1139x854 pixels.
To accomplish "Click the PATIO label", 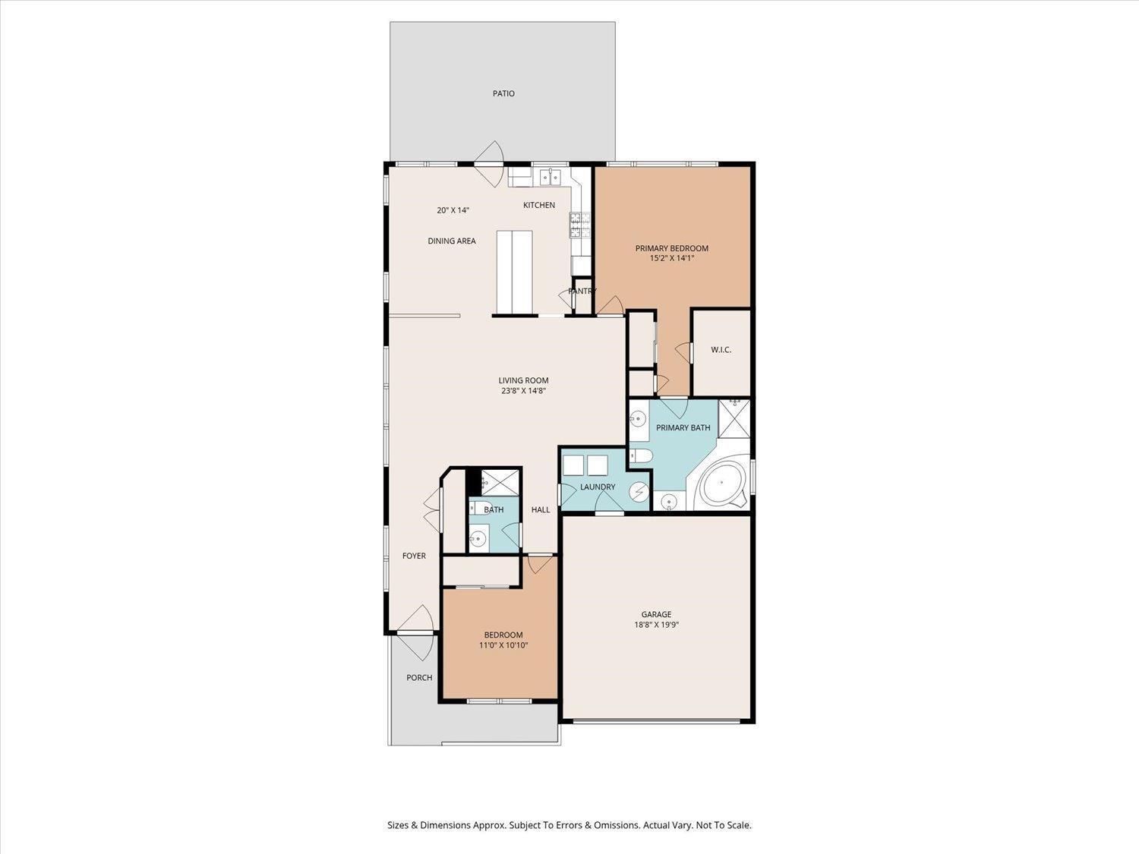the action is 503,94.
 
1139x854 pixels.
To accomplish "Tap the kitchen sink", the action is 550,177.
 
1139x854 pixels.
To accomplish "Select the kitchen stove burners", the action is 580,225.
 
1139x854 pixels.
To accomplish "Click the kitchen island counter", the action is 514,273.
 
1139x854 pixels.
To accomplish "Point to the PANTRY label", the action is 582,291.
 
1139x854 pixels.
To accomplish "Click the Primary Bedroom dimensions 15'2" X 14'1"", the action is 671,257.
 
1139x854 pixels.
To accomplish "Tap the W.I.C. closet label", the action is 721,350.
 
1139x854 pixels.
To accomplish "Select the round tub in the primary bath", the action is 721,483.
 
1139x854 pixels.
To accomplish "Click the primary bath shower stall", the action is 734,419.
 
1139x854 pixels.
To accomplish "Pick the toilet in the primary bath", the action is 641,455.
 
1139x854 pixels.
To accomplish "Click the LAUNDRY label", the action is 598,487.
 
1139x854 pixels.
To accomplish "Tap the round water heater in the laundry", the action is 639,491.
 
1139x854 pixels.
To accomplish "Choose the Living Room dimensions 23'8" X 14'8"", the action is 523,390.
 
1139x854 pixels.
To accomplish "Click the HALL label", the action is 540,509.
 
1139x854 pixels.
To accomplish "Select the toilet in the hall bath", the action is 481,507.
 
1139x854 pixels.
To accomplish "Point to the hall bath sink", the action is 478,539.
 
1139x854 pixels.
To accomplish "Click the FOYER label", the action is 414,556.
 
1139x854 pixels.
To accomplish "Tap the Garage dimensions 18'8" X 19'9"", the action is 656,625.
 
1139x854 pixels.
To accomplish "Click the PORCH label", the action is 419,678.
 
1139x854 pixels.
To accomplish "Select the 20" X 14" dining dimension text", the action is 453,210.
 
